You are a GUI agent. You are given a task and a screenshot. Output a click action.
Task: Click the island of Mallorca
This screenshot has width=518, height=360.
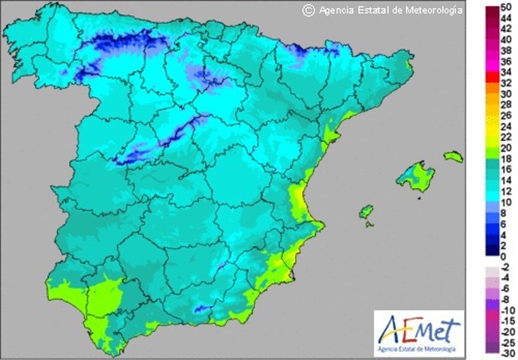411,177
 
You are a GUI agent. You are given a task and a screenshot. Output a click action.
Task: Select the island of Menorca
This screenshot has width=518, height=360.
451,157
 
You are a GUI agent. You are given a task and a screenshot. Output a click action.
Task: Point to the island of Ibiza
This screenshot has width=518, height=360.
365,213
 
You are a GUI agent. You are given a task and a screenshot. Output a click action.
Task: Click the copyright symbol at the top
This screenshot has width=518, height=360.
307,10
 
